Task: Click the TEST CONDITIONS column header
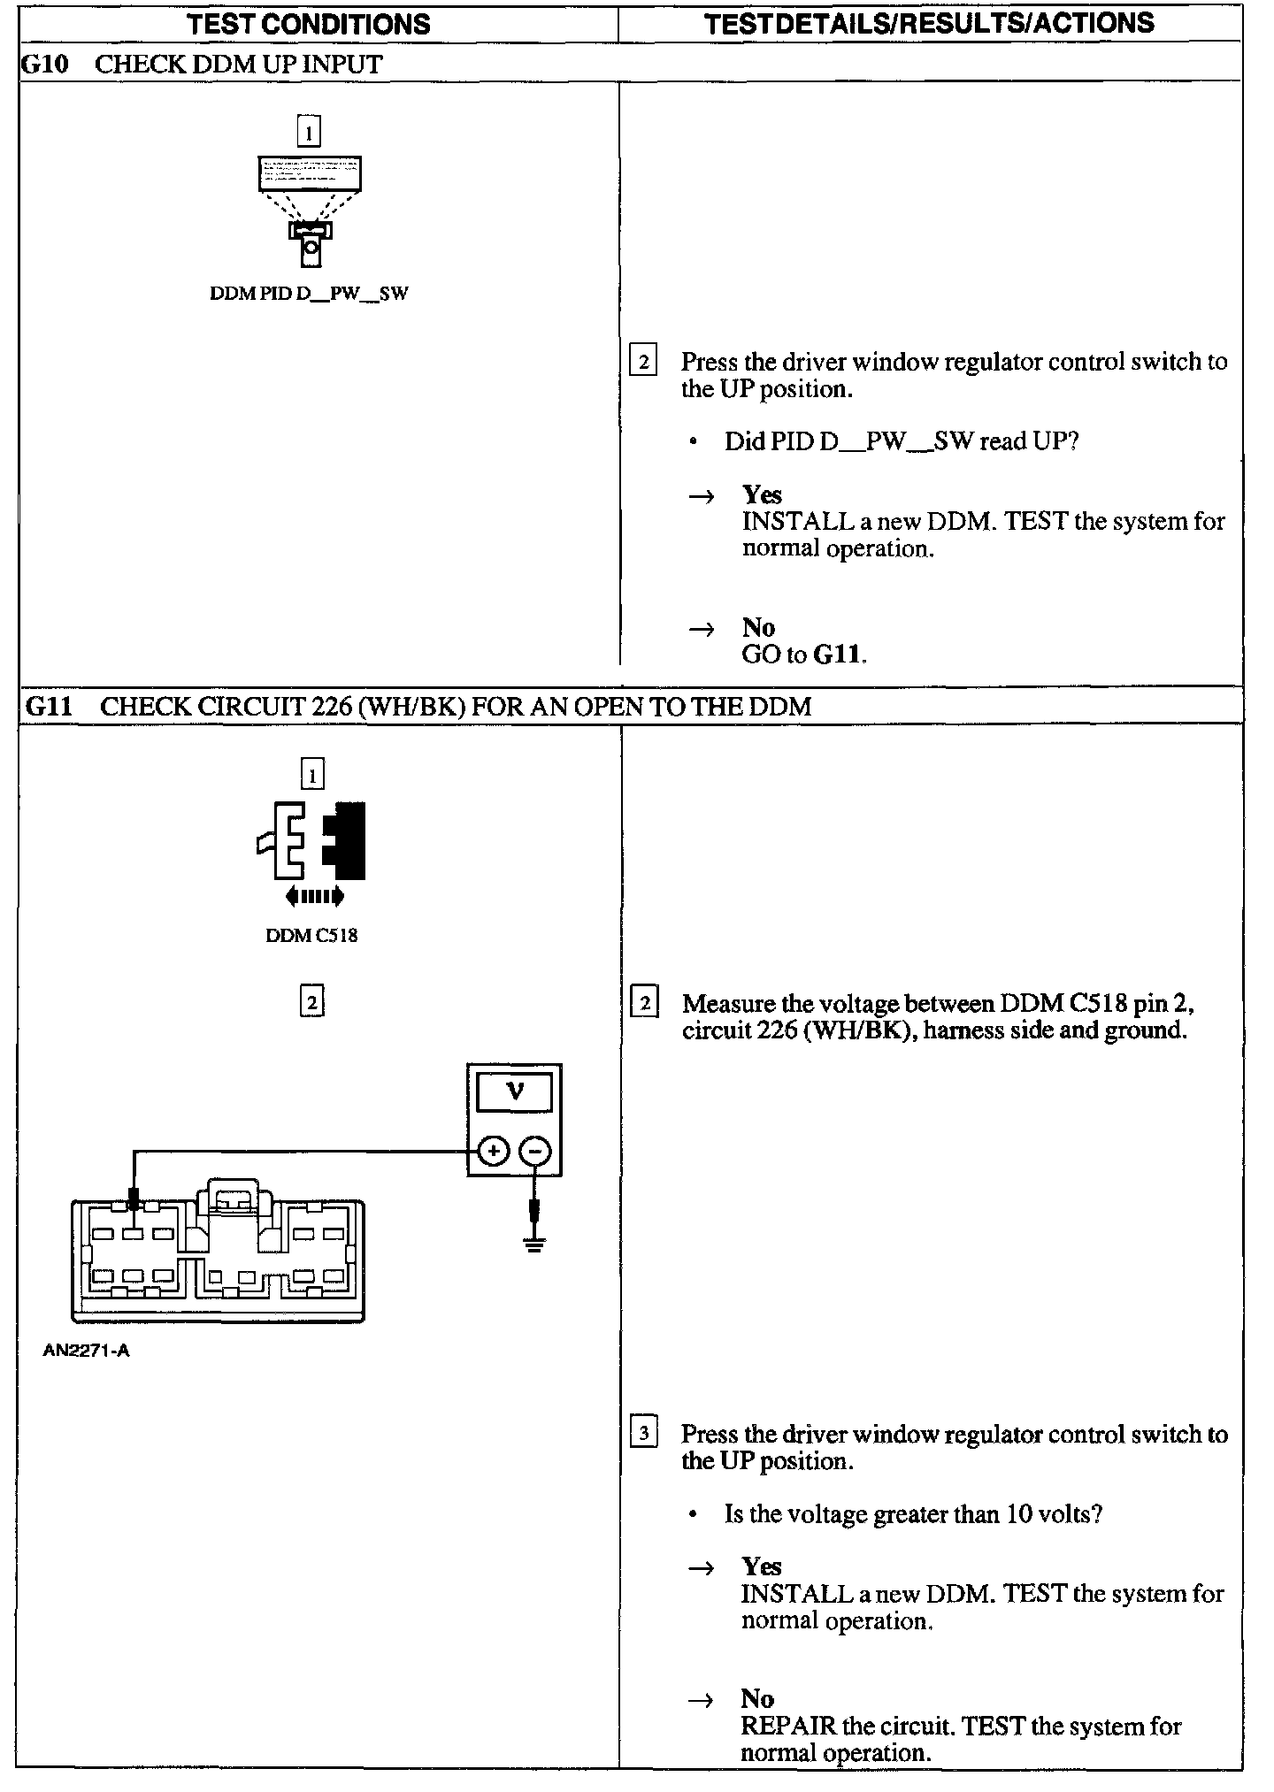coord(309,23)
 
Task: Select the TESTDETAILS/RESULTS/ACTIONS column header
coord(929,23)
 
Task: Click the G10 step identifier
coord(44,65)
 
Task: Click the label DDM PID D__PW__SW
coord(309,294)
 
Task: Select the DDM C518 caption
coord(311,935)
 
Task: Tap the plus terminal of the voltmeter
coord(493,1151)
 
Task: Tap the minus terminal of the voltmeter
coord(534,1151)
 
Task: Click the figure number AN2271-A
coord(86,1351)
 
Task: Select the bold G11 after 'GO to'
coord(838,655)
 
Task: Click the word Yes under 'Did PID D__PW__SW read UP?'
coord(762,494)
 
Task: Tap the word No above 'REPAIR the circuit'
coord(757,1698)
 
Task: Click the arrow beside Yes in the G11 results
coord(701,1568)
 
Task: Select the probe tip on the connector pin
coord(134,1200)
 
